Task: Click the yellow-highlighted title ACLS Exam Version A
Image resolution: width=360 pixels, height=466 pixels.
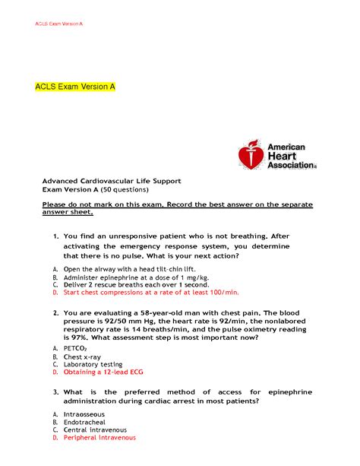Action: [74, 87]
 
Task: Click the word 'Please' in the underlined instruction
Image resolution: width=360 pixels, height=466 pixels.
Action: [55, 205]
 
